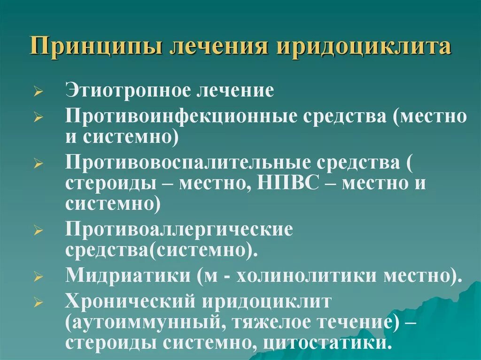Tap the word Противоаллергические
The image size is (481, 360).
179,230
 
